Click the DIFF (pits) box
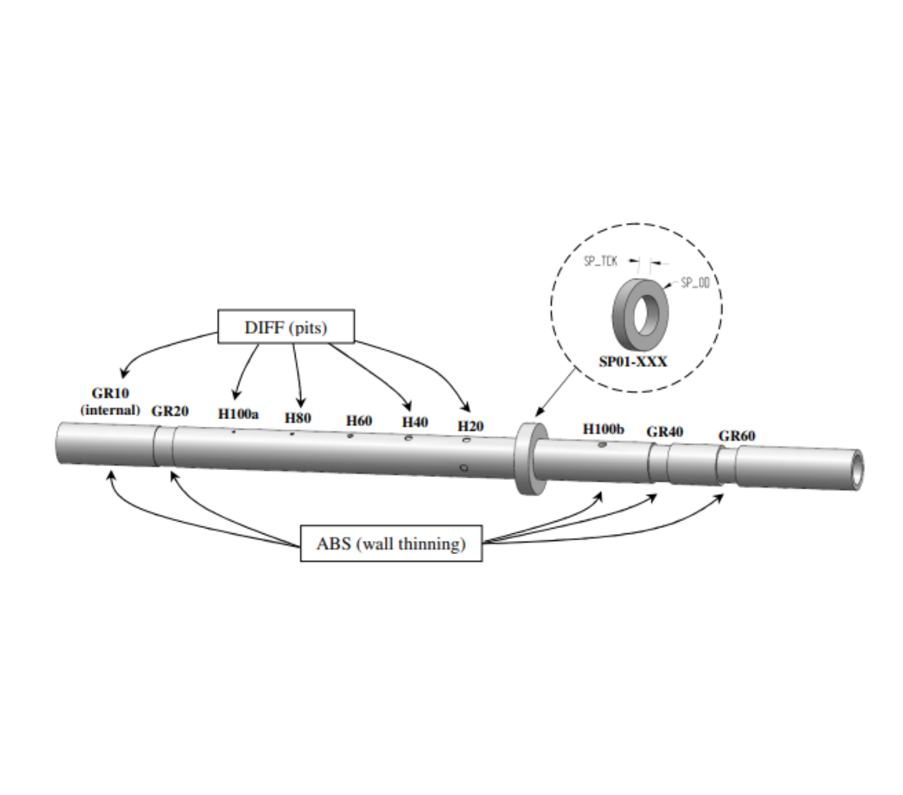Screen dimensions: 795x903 click(286, 326)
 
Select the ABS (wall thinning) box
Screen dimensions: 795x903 click(391, 543)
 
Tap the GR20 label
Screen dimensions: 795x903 click(170, 411)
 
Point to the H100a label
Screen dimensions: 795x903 click(238, 414)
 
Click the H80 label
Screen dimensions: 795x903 click(298, 418)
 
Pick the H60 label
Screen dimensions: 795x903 click(359, 421)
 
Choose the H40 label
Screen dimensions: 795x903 click(414, 422)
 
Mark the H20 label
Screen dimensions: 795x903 click(470, 425)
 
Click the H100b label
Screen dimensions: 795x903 click(604, 428)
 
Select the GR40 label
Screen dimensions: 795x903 click(665, 431)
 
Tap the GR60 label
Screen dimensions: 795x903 click(736, 436)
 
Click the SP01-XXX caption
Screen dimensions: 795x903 click(633, 361)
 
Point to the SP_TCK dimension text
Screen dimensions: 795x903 click(600, 262)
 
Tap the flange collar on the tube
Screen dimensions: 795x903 click(531, 458)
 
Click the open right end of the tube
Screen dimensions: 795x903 click(856, 469)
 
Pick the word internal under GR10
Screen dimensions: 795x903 click(110, 410)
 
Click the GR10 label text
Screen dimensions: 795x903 click(110, 394)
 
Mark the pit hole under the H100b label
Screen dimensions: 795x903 click(602, 445)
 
